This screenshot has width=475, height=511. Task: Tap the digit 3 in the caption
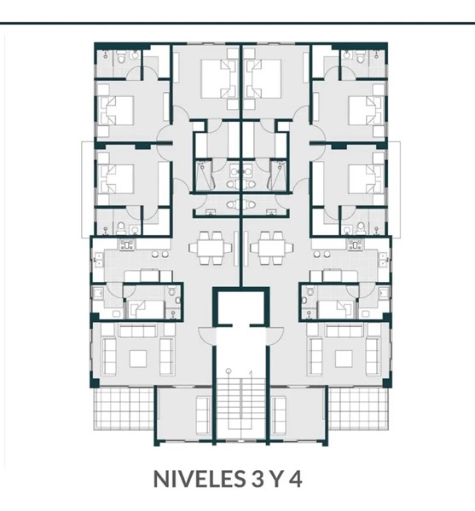pyautogui.click(x=257, y=479)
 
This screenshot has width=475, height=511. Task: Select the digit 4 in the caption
pyautogui.click(x=296, y=479)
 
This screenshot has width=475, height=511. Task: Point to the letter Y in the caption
pyautogui.click(x=276, y=479)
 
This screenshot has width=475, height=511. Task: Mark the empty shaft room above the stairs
pyautogui.click(x=240, y=307)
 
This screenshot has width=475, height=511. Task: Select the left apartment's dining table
pyautogui.click(x=210, y=248)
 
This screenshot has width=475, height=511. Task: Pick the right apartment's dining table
pyautogui.click(x=271, y=248)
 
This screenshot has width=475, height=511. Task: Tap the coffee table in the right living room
pyautogui.click(x=344, y=359)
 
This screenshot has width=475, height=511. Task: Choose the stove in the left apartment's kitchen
pyautogui.click(x=127, y=244)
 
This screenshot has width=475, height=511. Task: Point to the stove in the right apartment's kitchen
pyautogui.click(x=356, y=244)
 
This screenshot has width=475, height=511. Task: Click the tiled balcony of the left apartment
pyautogui.click(x=124, y=408)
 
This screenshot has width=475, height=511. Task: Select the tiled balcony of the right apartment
pyautogui.click(x=358, y=408)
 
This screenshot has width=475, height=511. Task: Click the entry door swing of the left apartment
pyautogui.click(x=206, y=336)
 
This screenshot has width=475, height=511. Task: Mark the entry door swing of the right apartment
pyautogui.click(x=275, y=336)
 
